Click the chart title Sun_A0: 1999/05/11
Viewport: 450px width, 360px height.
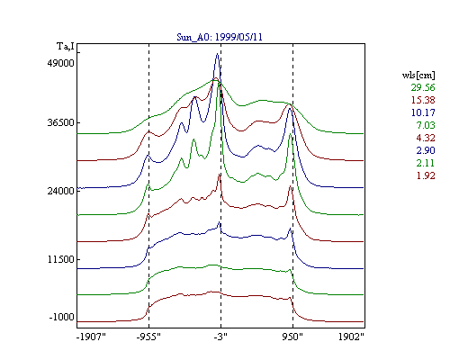[x=220, y=37]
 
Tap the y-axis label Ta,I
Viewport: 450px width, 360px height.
[x=66, y=47]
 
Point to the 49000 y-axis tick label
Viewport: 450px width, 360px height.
[x=60, y=63]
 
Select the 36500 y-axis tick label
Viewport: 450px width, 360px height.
[x=60, y=123]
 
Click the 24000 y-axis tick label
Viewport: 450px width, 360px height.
[x=60, y=191]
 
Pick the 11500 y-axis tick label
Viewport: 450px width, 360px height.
[x=60, y=259]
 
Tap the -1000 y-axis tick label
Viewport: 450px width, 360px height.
[x=61, y=317]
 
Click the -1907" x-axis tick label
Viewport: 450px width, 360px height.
[x=91, y=337]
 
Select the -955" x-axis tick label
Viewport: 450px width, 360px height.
[x=148, y=337]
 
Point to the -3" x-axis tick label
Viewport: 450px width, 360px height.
[x=220, y=337]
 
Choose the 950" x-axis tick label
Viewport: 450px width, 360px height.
[x=292, y=337]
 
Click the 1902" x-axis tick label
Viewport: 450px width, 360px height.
[x=351, y=337]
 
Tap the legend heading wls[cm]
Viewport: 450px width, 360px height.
[x=418, y=76]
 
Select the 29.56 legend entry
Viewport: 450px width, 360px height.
[x=423, y=87]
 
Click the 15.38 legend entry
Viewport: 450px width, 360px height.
[x=423, y=100]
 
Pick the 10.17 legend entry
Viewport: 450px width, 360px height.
[x=423, y=112]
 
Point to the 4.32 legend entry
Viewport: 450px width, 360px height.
[x=426, y=138]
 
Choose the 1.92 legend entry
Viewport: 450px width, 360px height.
[x=426, y=175]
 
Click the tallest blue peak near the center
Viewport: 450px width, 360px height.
[x=218, y=54]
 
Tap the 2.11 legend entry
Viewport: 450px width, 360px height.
[x=426, y=163]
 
